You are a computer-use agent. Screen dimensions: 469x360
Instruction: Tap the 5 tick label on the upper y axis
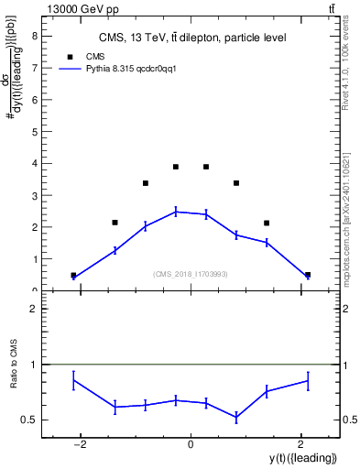(35, 132)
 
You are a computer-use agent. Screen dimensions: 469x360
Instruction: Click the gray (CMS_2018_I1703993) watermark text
(191, 274)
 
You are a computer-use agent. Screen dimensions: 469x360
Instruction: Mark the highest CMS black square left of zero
(175, 167)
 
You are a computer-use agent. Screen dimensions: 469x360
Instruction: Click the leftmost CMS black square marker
(73, 275)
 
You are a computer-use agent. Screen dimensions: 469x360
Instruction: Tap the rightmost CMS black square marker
(308, 275)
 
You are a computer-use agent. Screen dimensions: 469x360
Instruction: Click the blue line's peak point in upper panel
(175, 212)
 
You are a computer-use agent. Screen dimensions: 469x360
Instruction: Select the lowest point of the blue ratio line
(236, 418)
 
